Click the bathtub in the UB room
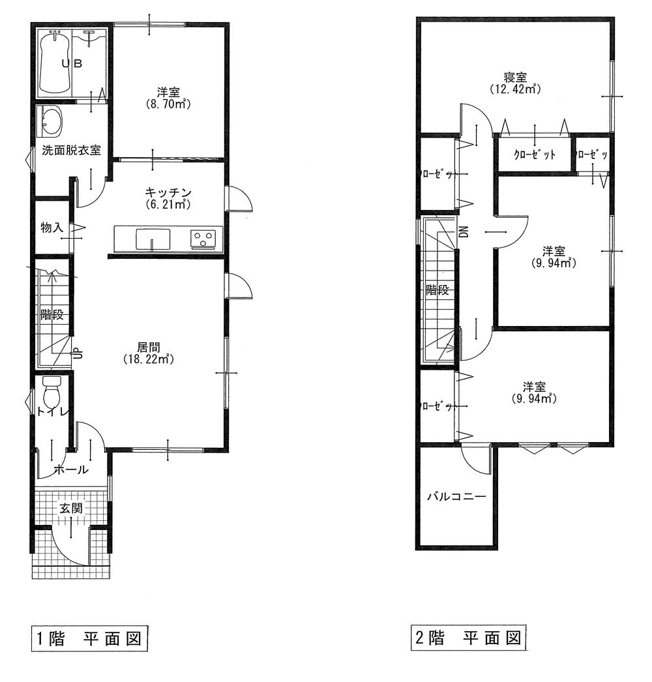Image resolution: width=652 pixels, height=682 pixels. click(x=53, y=64)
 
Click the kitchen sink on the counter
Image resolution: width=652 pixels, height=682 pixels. click(x=153, y=239)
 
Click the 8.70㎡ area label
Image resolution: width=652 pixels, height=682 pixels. click(x=168, y=104)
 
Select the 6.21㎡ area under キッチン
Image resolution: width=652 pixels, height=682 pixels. click(x=168, y=204)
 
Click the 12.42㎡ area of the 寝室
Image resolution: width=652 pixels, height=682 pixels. click(x=515, y=89)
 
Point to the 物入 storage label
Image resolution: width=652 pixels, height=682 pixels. click(x=52, y=228)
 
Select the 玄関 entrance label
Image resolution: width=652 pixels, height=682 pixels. click(x=71, y=509)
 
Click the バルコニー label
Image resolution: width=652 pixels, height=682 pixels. click(x=456, y=497)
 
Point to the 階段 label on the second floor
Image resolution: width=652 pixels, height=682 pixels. click(x=436, y=290)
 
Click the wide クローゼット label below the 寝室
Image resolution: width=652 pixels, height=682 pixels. click(x=535, y=155)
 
